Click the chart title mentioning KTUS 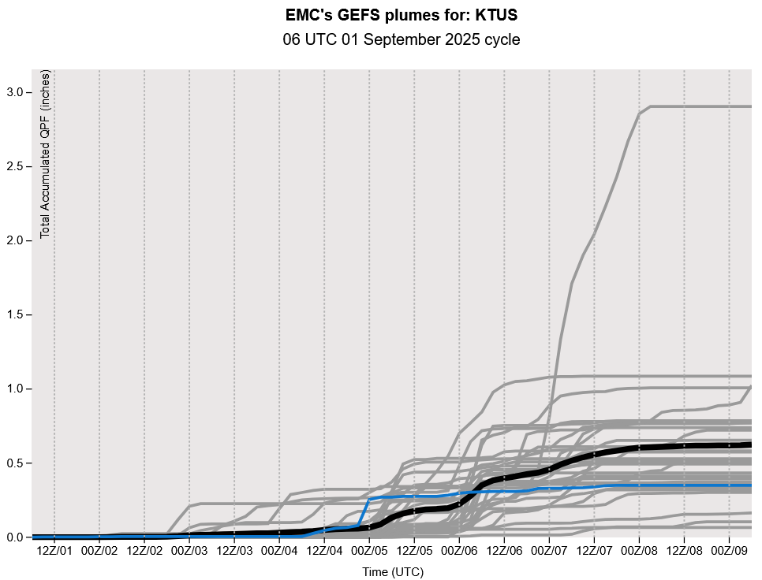pos(401,15)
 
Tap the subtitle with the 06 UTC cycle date pos(401,39)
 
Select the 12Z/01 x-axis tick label pos(54,550)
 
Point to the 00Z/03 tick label pos(189,550)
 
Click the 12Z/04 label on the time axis pos(324,550)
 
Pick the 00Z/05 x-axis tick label pos(369,550)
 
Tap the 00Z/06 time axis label pos(459,550)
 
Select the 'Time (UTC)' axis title pos(392,571)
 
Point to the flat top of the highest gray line pos(702,106)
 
